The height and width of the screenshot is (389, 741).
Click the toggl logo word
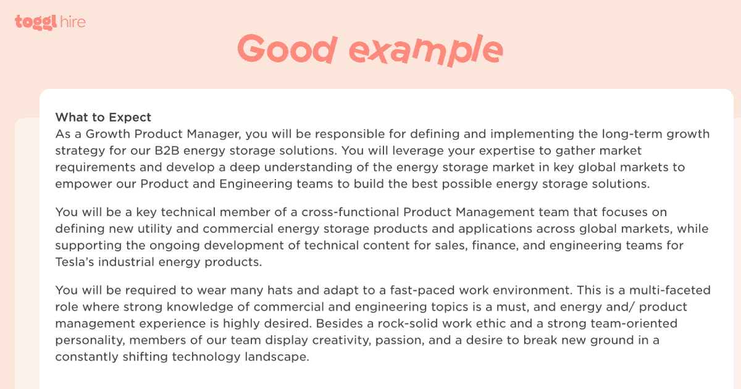pyautogui.click(x=36, y=22)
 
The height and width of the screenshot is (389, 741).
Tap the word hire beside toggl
pyautogui.click(x=73, y=22)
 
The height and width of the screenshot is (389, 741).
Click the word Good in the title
pyautogui.click(x=287, y=48)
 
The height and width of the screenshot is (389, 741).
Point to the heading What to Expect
pyautogui.click(x=103, y=117)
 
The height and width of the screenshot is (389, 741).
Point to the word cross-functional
pyautogui.click(x=350, y=212)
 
